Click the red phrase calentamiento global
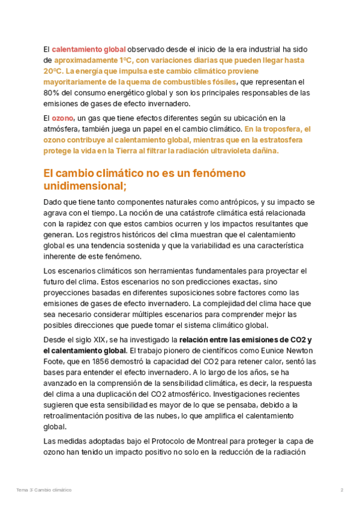click(89, 49)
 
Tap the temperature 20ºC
click(53, 71)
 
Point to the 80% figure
click(52, 93)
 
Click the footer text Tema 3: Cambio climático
click(44, 490)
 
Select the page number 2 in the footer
click(342, 490)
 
